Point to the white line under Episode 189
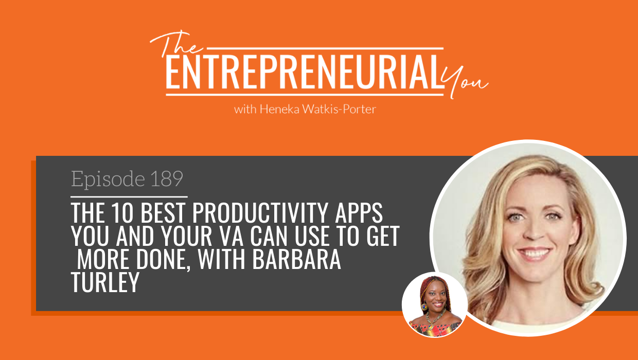[129, 196]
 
